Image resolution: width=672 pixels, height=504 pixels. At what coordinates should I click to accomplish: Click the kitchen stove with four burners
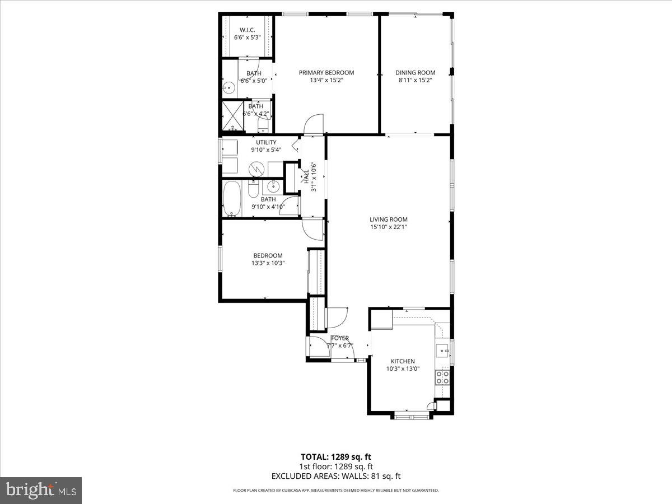pyautogui.click(x=443, y=376)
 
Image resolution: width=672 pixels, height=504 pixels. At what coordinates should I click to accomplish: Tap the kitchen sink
pyautogui.click(x=442, y=351)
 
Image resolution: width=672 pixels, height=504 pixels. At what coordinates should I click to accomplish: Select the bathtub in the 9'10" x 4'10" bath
pyautogui.click(x=231, y=198)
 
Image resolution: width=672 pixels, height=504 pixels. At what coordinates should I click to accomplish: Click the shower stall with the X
pyautogui.click(x=232, y=116)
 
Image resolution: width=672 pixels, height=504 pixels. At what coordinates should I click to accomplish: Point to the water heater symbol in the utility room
pyautogui.click(x=256, y=168)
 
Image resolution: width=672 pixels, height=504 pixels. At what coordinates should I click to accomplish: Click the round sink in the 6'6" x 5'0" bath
pyautogui.click(x=228, y=87)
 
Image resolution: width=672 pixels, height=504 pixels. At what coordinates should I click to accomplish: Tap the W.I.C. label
pyautogui.click(x=247, y=30)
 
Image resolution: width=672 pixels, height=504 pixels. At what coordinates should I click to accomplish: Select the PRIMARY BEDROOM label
pyautogui.click(x=326, y=72)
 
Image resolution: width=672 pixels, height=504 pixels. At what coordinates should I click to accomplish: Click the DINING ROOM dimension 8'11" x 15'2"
pyautogui.click(x=415, y=80)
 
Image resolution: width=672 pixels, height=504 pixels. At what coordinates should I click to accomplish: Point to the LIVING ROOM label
pyautogui.click(x=388, y=220)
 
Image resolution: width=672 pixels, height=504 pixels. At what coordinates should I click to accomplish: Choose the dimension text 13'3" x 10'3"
pyautogui.click(x=268, y=263)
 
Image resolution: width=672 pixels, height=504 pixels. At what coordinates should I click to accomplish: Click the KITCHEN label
pyautogui.click(x=403, y=361)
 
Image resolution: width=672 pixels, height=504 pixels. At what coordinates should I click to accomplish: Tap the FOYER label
pyautogui.click(x=340, y=338)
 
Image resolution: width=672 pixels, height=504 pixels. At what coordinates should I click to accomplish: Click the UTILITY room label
pyautogui.click(x=266, y=142)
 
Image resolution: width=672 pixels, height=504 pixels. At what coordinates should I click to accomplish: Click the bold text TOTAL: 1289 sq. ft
pyautogui.click(x=336, y=456)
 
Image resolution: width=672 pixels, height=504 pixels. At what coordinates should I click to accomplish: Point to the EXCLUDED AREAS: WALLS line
pyautogui.click(x=336, y=476)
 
